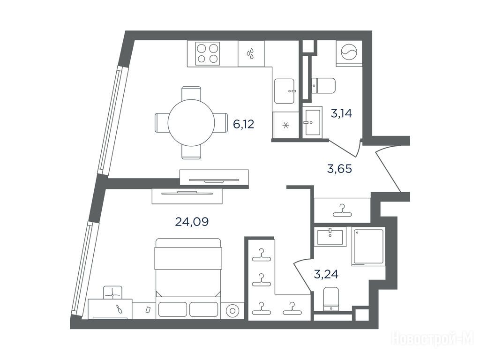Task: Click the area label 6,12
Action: point(244,124)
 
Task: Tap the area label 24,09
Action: point(192,221)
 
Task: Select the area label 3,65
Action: point(339,169)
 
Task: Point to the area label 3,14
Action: point(341,113)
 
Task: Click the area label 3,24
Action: point(326,274)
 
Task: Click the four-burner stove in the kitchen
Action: point(208,53)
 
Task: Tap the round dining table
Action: point(191,123)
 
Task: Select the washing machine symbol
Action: point(349,53)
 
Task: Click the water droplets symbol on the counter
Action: point(251,53)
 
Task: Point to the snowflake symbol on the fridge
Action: point(285,125)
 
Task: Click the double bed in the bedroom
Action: point(188,278)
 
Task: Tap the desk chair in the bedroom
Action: point(112,292)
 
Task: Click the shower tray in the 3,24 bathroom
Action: point(368,247)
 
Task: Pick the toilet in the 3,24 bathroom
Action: point(331,299)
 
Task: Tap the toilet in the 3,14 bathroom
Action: point(323,86)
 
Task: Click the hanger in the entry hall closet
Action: point(342,210)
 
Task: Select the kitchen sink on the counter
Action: point(285,91)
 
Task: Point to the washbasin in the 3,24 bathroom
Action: point(330,236)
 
